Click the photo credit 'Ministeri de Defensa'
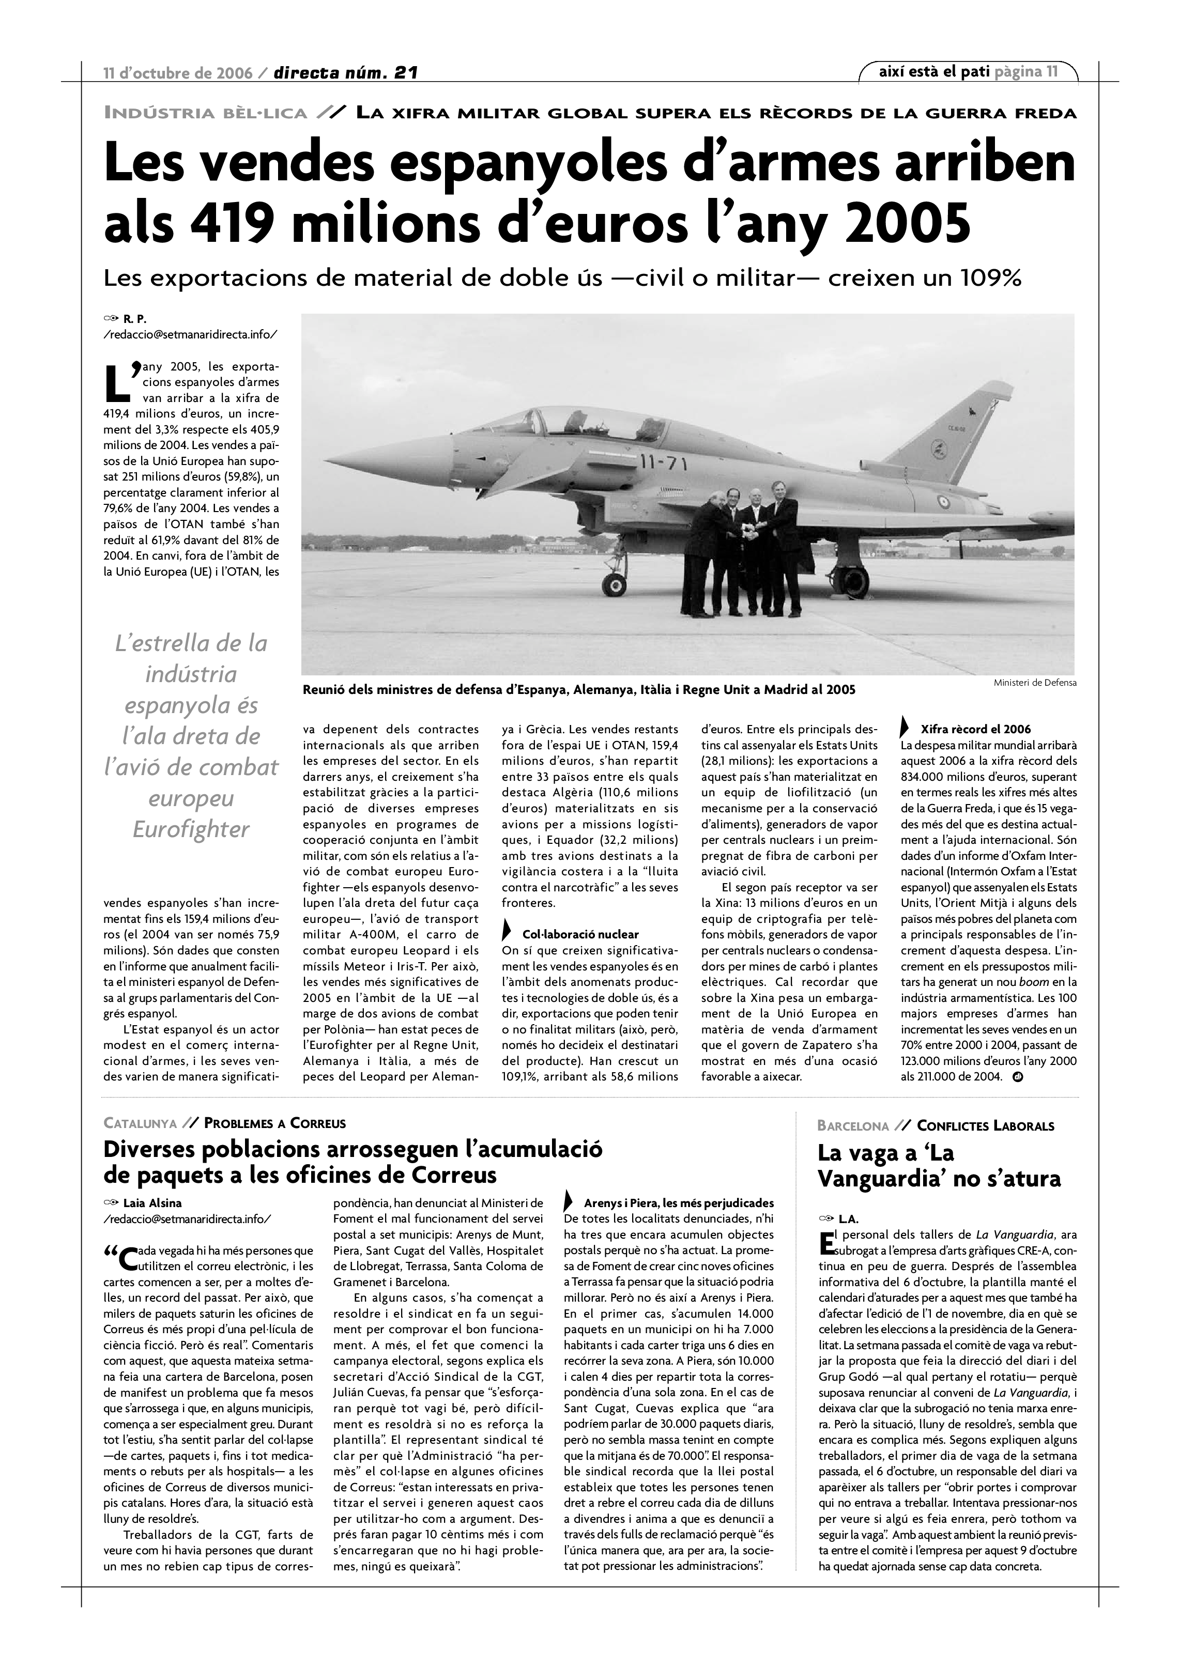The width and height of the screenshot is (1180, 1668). (1035, 683)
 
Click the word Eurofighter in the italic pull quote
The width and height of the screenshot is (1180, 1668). (191, 830)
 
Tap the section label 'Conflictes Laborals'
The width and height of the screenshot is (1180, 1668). (985, 1126)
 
